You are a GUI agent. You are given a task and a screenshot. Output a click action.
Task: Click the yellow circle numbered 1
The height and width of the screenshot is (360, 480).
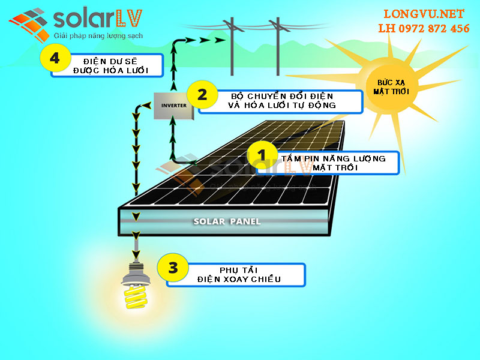pos(262,155)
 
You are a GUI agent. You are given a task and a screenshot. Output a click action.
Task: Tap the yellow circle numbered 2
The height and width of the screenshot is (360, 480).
pos(202,95)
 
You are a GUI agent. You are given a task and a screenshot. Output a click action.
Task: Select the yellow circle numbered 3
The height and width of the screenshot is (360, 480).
pos(173,268)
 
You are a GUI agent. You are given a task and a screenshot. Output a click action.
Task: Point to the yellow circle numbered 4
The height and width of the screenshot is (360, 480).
pos(55,58)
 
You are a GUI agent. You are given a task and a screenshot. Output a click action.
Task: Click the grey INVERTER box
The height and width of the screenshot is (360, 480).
pos(173,106)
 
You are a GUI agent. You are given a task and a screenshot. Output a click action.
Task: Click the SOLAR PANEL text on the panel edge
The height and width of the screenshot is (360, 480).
pos(227,221)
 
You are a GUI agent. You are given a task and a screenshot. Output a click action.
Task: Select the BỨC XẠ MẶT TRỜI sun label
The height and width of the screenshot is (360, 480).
pos(391,87)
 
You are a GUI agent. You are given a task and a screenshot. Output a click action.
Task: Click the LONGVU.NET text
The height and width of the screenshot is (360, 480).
pos(424,14)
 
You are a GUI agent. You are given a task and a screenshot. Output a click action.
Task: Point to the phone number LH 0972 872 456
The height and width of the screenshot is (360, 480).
pos(424,28)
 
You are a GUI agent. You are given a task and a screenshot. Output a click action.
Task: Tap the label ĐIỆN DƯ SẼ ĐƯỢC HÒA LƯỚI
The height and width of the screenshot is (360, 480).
pos(110,66)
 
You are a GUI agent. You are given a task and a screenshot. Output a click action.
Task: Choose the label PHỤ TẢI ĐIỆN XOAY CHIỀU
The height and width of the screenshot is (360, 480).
pos(239,275)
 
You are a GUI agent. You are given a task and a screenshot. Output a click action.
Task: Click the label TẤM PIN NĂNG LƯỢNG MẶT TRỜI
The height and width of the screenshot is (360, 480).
pos(334,163)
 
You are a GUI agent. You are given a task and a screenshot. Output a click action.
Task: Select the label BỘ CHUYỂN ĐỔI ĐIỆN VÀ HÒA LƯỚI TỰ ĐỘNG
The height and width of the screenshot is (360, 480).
pos(281,101)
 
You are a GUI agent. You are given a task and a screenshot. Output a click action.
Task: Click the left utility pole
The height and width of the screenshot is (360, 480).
pos(232,46)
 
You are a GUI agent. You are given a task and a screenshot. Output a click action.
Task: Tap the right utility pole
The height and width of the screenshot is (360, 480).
pos(278,46)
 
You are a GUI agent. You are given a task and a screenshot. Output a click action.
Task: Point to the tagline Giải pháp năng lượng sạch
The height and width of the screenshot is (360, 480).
pos(98,36)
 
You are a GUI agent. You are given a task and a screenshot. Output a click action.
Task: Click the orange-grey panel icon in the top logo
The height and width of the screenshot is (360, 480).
pos(29,25)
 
